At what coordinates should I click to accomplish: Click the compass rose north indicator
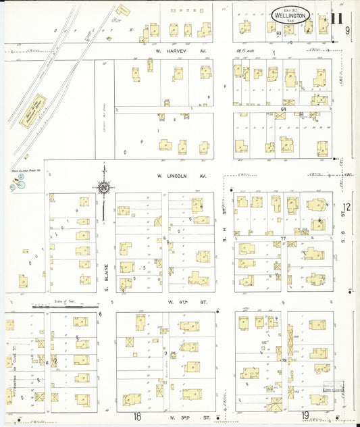(104, 186)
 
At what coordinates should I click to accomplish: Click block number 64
(284, 109)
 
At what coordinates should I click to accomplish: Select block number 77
(284, 238)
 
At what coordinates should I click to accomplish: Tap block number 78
(284, 360)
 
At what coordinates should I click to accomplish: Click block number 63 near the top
(278, 32)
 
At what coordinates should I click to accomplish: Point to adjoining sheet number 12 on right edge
(347, 207)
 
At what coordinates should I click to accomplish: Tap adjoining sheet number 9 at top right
(347, 30)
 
